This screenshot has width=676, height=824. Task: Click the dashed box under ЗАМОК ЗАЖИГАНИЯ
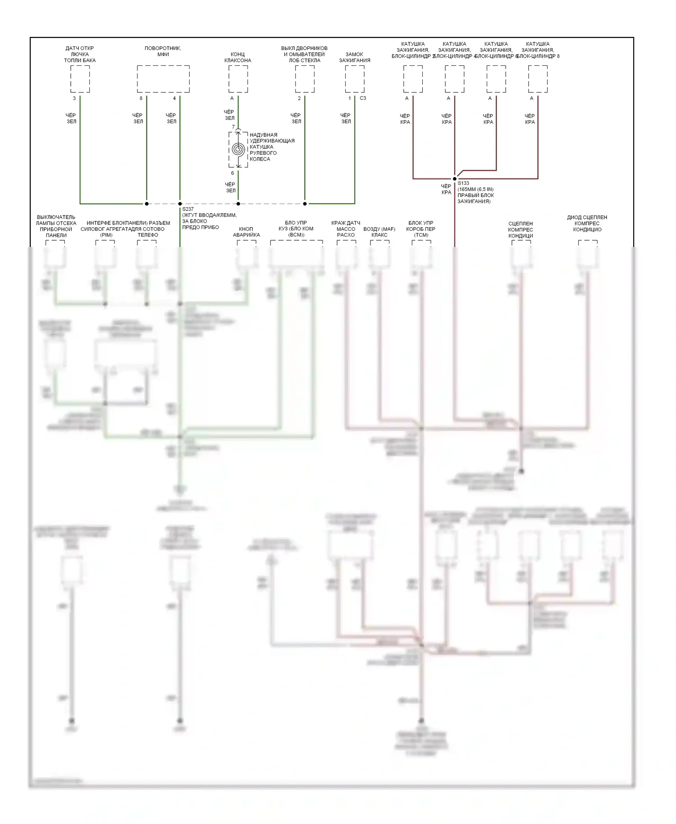(355, 79)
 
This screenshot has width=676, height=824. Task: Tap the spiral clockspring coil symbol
(238, 149)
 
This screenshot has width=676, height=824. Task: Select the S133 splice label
(463, 183)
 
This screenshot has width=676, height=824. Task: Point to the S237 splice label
(188, 209)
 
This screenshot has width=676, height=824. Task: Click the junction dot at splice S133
(455, 179)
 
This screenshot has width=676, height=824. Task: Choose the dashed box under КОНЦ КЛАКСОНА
(238, 79)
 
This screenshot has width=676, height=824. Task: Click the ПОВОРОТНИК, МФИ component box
(163, 79)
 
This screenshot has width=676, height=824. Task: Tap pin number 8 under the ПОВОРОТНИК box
(141, 98)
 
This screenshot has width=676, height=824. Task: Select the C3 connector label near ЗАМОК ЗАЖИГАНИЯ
(363, 98)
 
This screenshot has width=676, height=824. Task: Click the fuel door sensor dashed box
(80, 79)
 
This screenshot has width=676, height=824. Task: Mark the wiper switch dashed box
(305, 79)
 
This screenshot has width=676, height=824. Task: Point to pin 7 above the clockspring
(233, 127)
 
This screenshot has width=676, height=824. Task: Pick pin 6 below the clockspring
(233, 173)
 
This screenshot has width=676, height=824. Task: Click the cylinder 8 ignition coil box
(538, 79)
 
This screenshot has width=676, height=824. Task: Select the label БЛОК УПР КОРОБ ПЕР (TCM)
(421, 229)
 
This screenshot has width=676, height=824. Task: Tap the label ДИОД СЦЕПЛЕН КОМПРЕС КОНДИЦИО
(587, 223)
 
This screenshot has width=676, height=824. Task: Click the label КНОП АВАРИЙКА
(246, 232)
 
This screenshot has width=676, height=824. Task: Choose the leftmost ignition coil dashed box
(413, 79)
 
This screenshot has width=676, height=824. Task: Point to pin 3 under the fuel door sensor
(74, 98)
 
